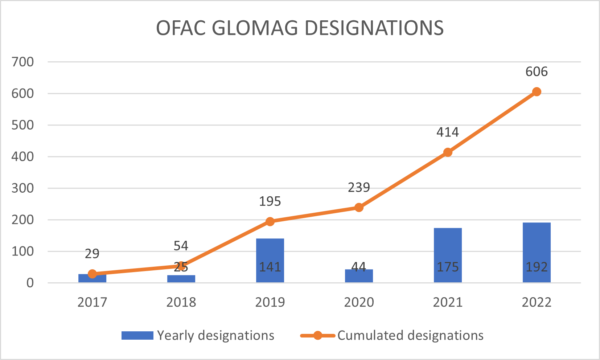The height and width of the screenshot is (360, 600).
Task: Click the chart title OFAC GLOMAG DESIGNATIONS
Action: [x=300, y=28]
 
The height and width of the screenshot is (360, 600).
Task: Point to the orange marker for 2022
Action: [x=537, y=92]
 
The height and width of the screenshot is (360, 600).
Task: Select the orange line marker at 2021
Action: [x=448, y=152]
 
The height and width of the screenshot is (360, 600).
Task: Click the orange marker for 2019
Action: [x=270, y=221]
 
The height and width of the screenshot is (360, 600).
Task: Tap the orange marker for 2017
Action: [x=92, y=274]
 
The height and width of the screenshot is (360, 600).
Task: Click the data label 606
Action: [x=537, y=71]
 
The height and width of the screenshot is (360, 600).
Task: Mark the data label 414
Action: [x=448, y=132]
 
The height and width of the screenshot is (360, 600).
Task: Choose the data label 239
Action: [x=359, y=187]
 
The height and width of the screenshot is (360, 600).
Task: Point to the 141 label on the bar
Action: [x=270, y=267]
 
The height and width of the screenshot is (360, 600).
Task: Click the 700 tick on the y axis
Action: [x=22, y=62]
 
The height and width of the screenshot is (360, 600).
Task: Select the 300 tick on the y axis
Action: [x=22, y=188]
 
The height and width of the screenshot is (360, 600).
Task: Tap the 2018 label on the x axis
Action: [x=181, y=302]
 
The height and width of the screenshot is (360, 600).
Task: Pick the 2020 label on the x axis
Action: [x=359, y=302]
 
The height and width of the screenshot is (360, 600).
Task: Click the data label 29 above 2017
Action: [x=92, y=254]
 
